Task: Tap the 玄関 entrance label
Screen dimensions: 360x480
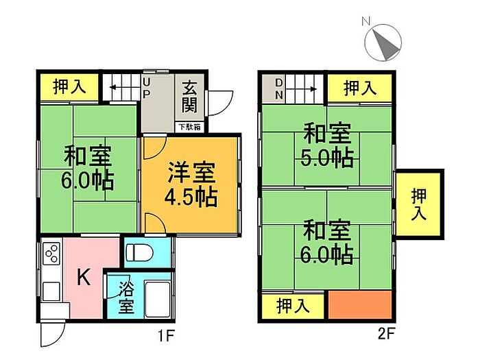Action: coord(189,97)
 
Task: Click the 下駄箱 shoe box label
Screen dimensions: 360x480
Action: coord(189,127)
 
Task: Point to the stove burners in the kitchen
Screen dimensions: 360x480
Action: coord(52,256)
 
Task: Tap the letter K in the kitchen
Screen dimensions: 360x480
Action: coord(82,278)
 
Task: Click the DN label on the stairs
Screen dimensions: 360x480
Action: coord(280,88)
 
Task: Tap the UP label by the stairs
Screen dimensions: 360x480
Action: coord(147,88)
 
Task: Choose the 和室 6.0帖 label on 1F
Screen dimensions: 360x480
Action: coord(88,169)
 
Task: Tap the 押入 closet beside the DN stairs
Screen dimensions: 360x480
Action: coord(359,88)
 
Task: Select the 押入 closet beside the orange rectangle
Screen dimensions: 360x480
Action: coord(293,305)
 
